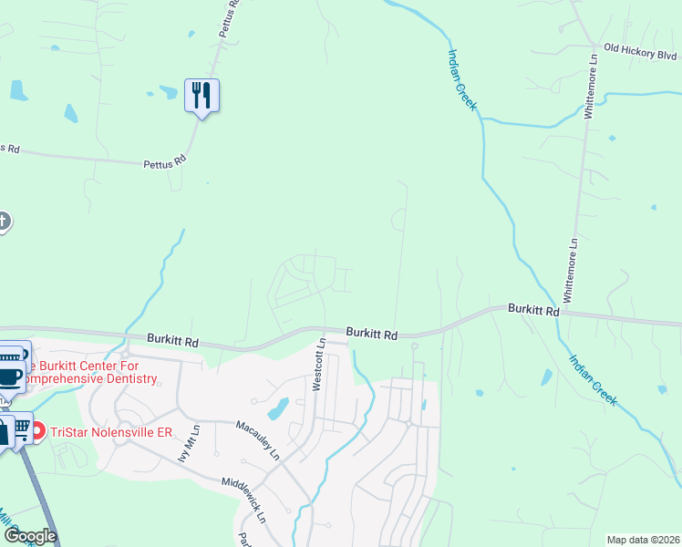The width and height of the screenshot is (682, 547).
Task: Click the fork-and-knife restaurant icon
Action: pos(202,95)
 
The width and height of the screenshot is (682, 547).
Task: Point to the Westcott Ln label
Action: pos(319,364)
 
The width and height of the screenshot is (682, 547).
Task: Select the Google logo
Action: pos(29,536)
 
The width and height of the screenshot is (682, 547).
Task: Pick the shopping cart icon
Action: pos(22,427)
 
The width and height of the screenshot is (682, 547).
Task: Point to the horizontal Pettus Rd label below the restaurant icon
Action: pos(164,164)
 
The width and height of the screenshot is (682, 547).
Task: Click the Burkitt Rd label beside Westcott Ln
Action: pos(371,335)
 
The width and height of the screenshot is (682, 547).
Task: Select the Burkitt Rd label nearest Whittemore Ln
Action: pos(533,310)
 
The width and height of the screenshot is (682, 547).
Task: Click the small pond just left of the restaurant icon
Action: pos(168,92)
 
